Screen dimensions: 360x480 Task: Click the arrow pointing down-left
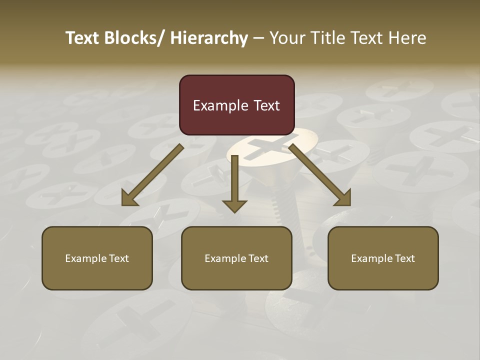pyautogui.click(x=152, y=175)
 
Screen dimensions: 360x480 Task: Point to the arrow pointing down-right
pyautogui.click(x=320, y=175)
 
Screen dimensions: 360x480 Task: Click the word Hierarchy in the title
pyautogui.click(x=209, y=38)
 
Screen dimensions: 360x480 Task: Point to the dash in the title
pyautogui.click(x=258, y=38)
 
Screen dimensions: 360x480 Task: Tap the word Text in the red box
pyautogui.click(x=265, y=105)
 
